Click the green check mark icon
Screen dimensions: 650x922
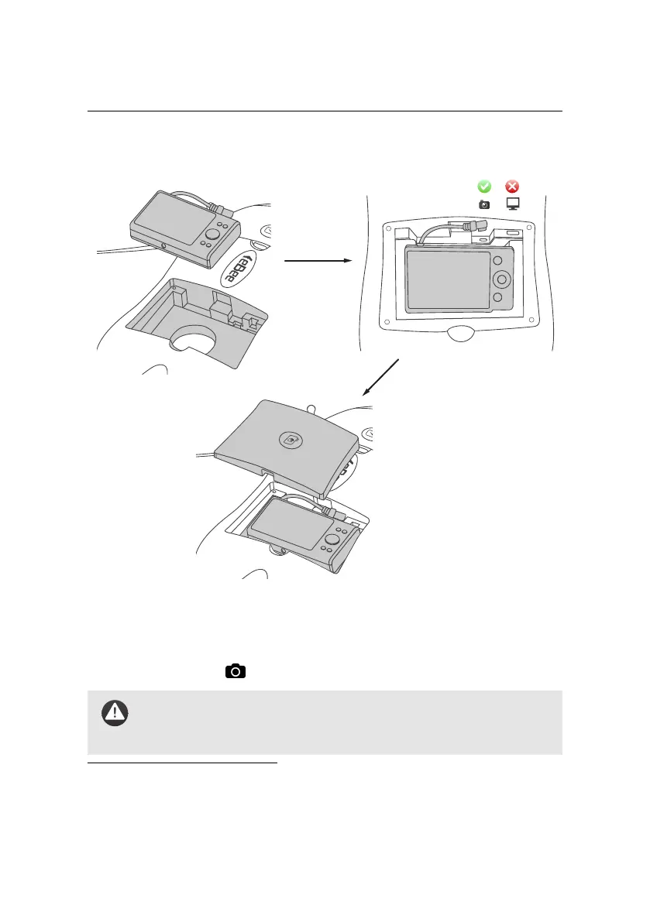[x=483, y=187]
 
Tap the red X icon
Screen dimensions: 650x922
[x=512, y=187]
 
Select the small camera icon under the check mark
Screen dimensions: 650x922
[x=483, y=205]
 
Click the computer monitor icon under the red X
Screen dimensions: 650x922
[x=512, y=205]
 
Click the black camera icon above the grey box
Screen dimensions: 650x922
[x=236, y=671]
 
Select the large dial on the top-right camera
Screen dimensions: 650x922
[x=502, y=279]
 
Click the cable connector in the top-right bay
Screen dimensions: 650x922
[x=471, y=227]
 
